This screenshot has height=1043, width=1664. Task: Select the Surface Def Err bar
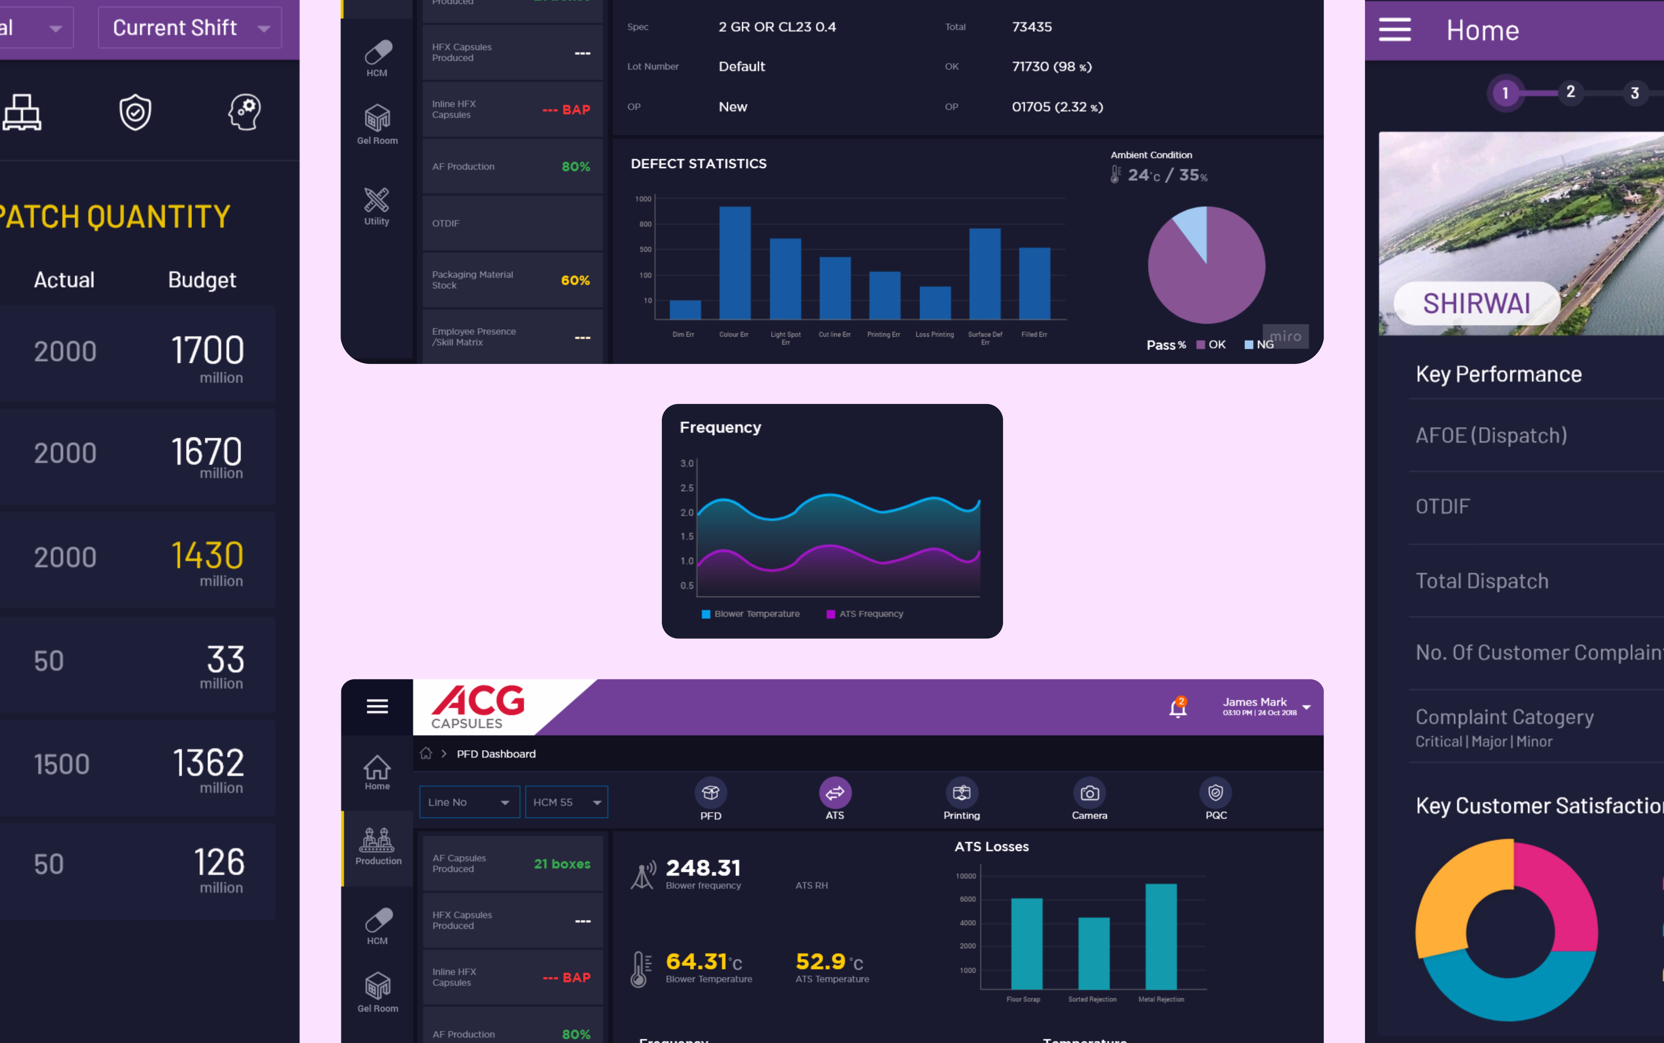(984, 274)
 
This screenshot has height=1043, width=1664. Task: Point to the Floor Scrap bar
(1027, 944)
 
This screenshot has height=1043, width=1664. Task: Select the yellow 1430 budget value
(207, 556)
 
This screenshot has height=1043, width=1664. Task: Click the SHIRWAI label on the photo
(1476, 304)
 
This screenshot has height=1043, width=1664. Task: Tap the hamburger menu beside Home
(1394, 30)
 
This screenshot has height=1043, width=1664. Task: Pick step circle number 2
(1570, 92)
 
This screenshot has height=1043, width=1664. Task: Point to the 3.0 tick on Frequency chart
(687, 464)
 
